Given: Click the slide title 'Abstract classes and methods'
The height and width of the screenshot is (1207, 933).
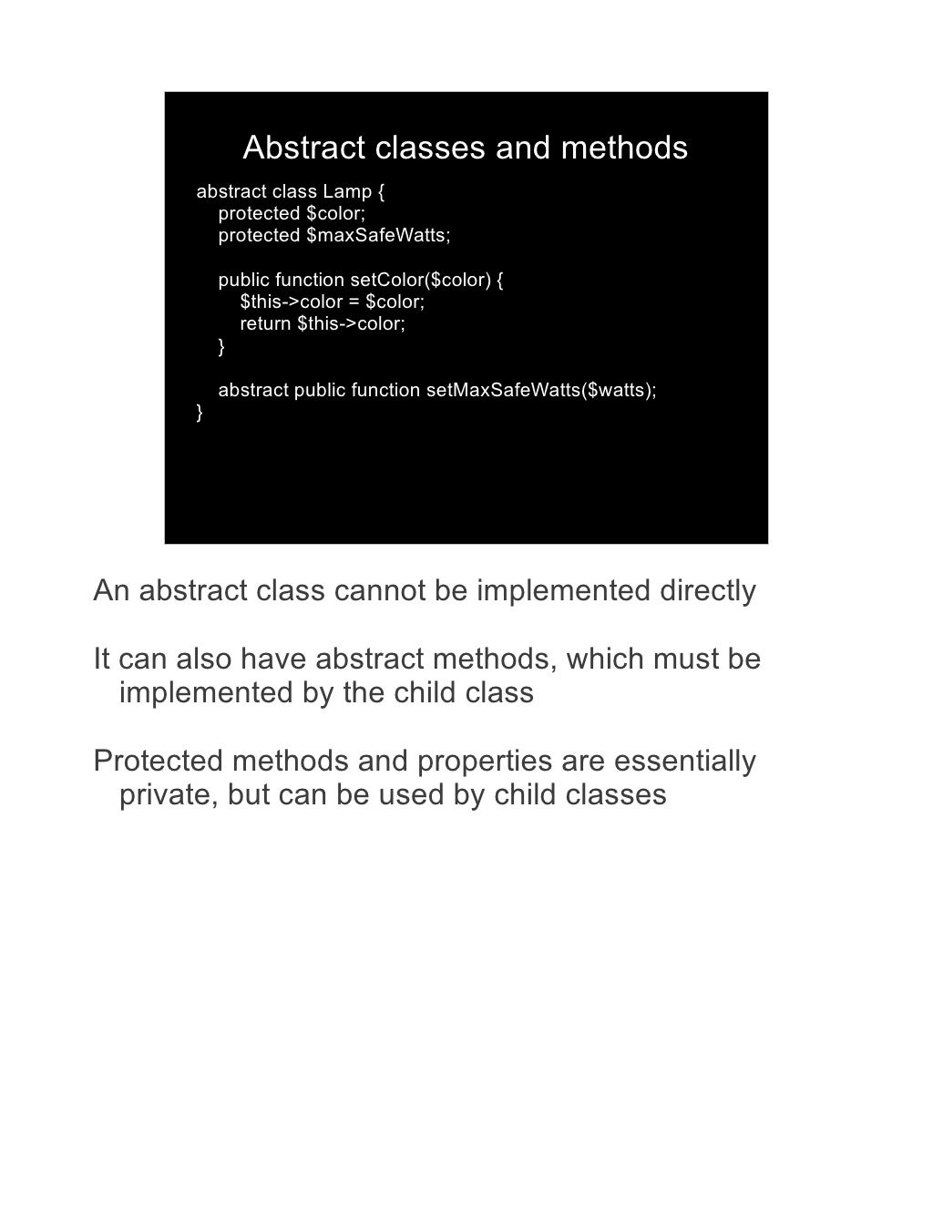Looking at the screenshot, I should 465,148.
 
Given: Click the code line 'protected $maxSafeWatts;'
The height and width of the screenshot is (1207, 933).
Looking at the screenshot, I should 333,236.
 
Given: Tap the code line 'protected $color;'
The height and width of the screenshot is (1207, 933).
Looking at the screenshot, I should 291,214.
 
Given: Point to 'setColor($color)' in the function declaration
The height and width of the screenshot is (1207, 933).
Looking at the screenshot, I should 420,280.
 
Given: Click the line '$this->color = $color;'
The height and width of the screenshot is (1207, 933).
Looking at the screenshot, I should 332,302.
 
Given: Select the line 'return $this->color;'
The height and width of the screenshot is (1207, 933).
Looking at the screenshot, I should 322,323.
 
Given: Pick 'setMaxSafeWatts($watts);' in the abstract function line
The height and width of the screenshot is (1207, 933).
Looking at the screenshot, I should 540,390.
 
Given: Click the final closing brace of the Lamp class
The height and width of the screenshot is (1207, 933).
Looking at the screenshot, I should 200,414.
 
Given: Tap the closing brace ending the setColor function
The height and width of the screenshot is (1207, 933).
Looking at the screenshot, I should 221,346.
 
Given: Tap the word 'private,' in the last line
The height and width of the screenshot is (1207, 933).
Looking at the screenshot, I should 169,795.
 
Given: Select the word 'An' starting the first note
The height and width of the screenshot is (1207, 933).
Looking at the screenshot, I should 111,591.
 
